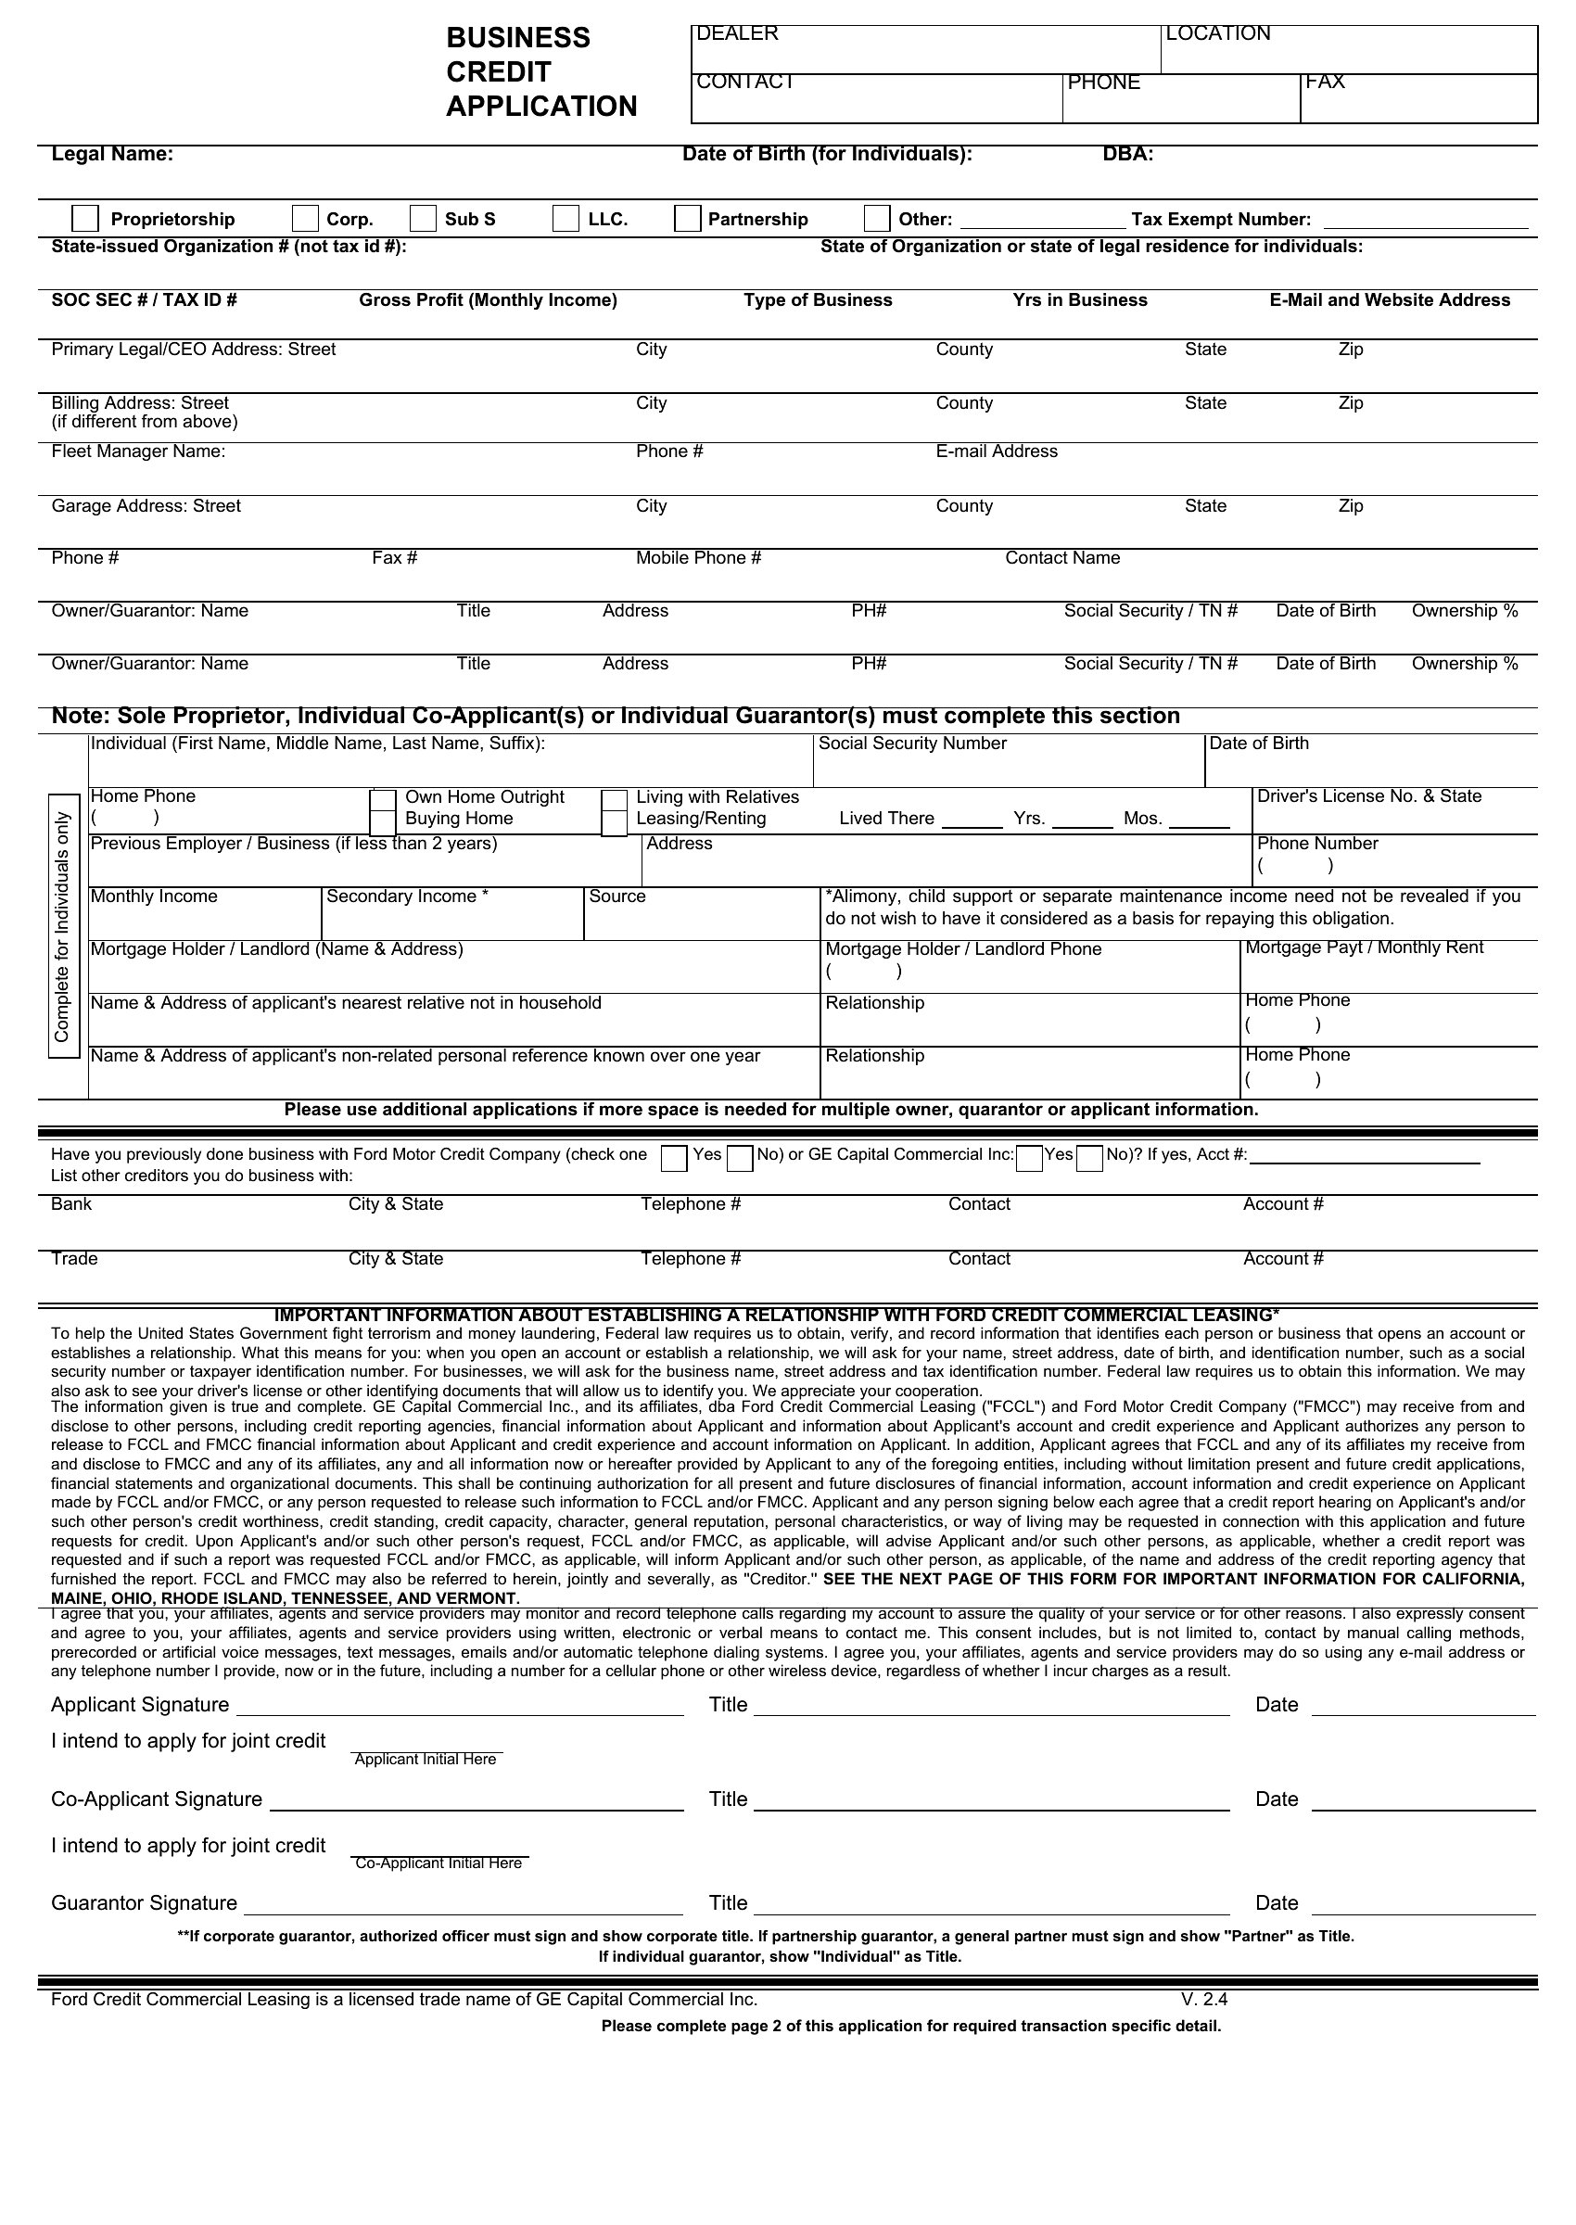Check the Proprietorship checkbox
(x=85, y=218)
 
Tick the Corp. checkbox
(x=306, y=218)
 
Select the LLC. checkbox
(x=566, y=218)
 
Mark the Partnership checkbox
(x=687, y=218)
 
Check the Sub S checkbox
(x=422, y=218)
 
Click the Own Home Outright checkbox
(x=383, y=799)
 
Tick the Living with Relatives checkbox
(x=615, y=799)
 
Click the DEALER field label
(x=737, y=34)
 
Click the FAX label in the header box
(x=1325, y=82)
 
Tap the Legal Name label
(x=112, y=154)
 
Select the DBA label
(x=1127, y=154)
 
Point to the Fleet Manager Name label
(x=138, y=451)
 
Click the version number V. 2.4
(x=1204, y=1999)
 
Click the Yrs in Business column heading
(x=1079, y=300)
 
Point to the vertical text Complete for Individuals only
(x=63, y=927)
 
